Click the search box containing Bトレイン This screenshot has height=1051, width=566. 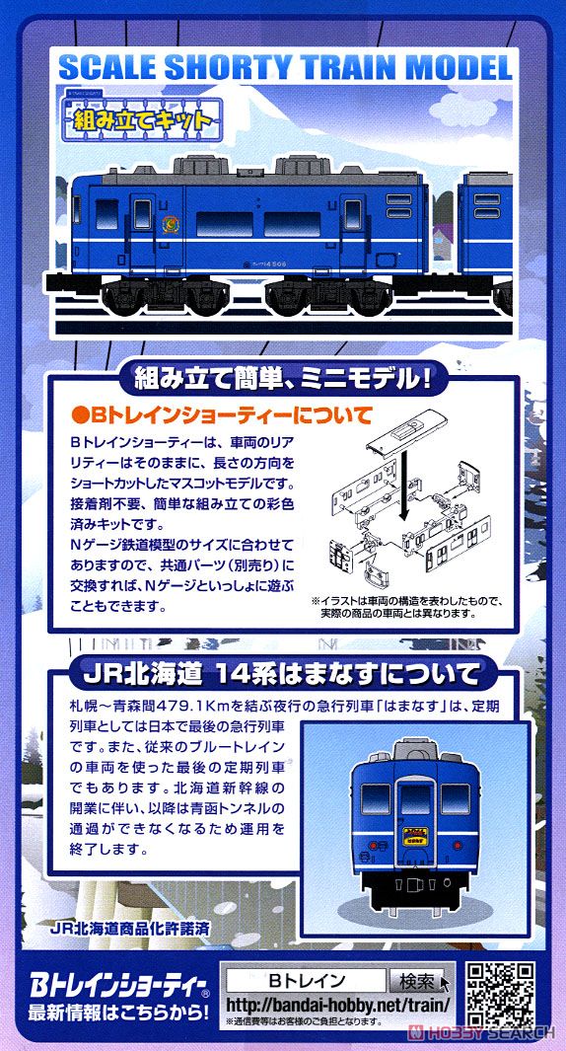click(306, 981)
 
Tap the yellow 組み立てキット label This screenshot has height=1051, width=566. click(141, 121)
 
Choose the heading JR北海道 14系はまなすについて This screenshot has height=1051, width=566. click(279, 674)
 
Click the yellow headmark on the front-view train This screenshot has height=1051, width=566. click(408, 843)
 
